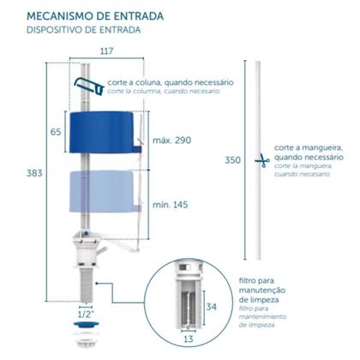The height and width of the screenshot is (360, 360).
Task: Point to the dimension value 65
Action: (x=55, y=132)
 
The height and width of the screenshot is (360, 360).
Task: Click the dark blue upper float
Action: (x=111, y=131)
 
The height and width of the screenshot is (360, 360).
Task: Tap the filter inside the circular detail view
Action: (x=189, y=300)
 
